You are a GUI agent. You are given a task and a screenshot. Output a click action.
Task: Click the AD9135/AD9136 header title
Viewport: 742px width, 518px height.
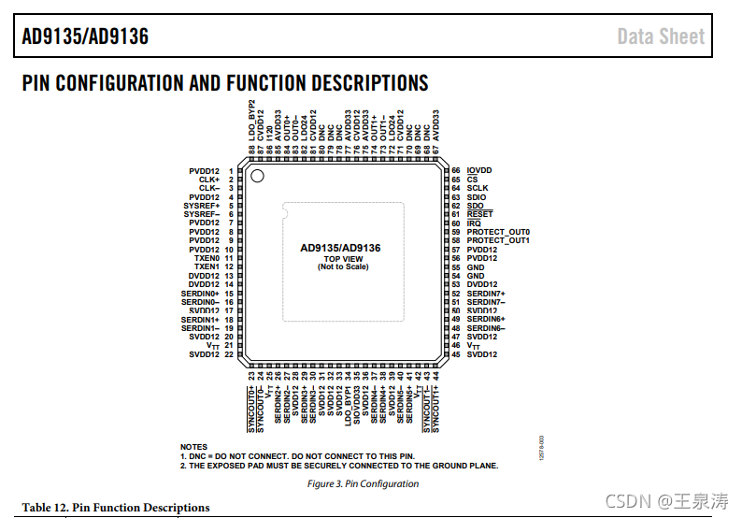click(85, 36)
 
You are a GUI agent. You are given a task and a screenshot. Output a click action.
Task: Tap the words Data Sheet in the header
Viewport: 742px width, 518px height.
click(661, 36)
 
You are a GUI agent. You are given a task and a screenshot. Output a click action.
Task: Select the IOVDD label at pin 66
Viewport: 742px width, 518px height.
click(479, 170)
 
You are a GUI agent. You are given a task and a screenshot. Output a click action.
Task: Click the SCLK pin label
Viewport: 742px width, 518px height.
click(478, 188)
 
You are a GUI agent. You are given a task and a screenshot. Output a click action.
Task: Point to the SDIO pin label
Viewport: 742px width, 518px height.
click(477, 197)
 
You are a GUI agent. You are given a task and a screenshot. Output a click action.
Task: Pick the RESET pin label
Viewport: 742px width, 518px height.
click(479, 214)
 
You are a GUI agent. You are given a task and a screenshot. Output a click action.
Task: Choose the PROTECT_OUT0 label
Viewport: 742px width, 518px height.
click(498, 232)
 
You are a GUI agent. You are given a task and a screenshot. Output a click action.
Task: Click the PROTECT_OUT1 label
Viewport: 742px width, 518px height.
click(498, 240)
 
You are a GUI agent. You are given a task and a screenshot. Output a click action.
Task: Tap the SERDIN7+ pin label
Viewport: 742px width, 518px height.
click(486, 294)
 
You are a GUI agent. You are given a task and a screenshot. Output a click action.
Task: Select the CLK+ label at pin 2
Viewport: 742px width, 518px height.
click(209, 180)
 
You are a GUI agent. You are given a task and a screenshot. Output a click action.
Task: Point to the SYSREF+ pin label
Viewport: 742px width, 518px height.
click(202, 206)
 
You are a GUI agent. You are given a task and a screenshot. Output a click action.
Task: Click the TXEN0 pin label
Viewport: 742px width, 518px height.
click(207, 258)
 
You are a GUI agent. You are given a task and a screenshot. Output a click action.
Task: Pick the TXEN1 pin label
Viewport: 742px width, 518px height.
click(207, 267)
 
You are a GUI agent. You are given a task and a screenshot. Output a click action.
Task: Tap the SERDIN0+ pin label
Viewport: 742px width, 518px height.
click(200, 294)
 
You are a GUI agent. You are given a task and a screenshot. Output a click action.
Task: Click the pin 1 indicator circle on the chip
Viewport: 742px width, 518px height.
click(257, 176)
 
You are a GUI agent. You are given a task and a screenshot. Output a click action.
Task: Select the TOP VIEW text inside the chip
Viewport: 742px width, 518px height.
click(343, 259)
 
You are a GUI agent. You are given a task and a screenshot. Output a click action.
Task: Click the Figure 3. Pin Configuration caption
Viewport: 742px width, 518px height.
click(363, 484)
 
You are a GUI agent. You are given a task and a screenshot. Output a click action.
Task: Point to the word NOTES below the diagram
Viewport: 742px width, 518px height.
click(193, 447)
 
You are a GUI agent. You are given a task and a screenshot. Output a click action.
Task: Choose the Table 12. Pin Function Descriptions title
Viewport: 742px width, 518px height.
click(116, 508)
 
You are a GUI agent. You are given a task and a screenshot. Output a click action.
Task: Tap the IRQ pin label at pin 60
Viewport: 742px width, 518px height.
click(474, 223)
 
